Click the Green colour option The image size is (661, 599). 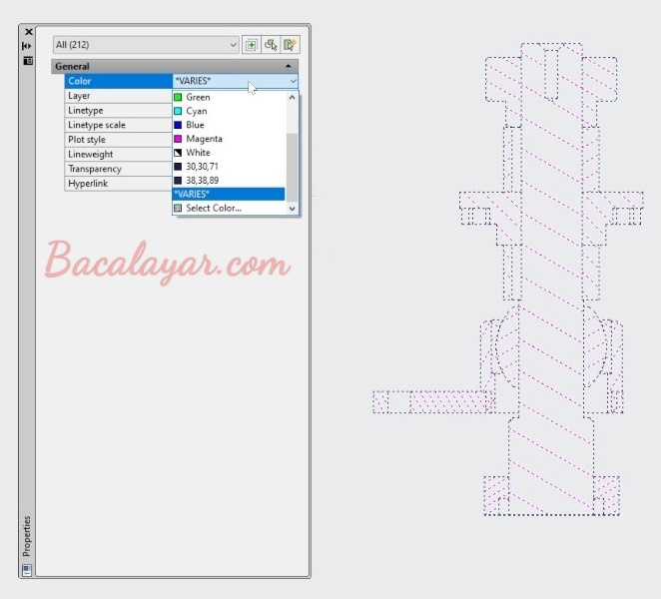(192, 98)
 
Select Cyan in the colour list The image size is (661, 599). (191, 111)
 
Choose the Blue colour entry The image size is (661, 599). (190, 125)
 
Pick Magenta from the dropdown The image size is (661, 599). (198, 139)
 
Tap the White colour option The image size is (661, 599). (193, 153)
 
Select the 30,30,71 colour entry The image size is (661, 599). (197, 167)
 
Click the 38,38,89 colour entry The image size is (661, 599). (197, 181)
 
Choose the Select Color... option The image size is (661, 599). (208, 209)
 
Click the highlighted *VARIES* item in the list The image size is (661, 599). (229, 195)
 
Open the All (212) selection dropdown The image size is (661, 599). (146, 45)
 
